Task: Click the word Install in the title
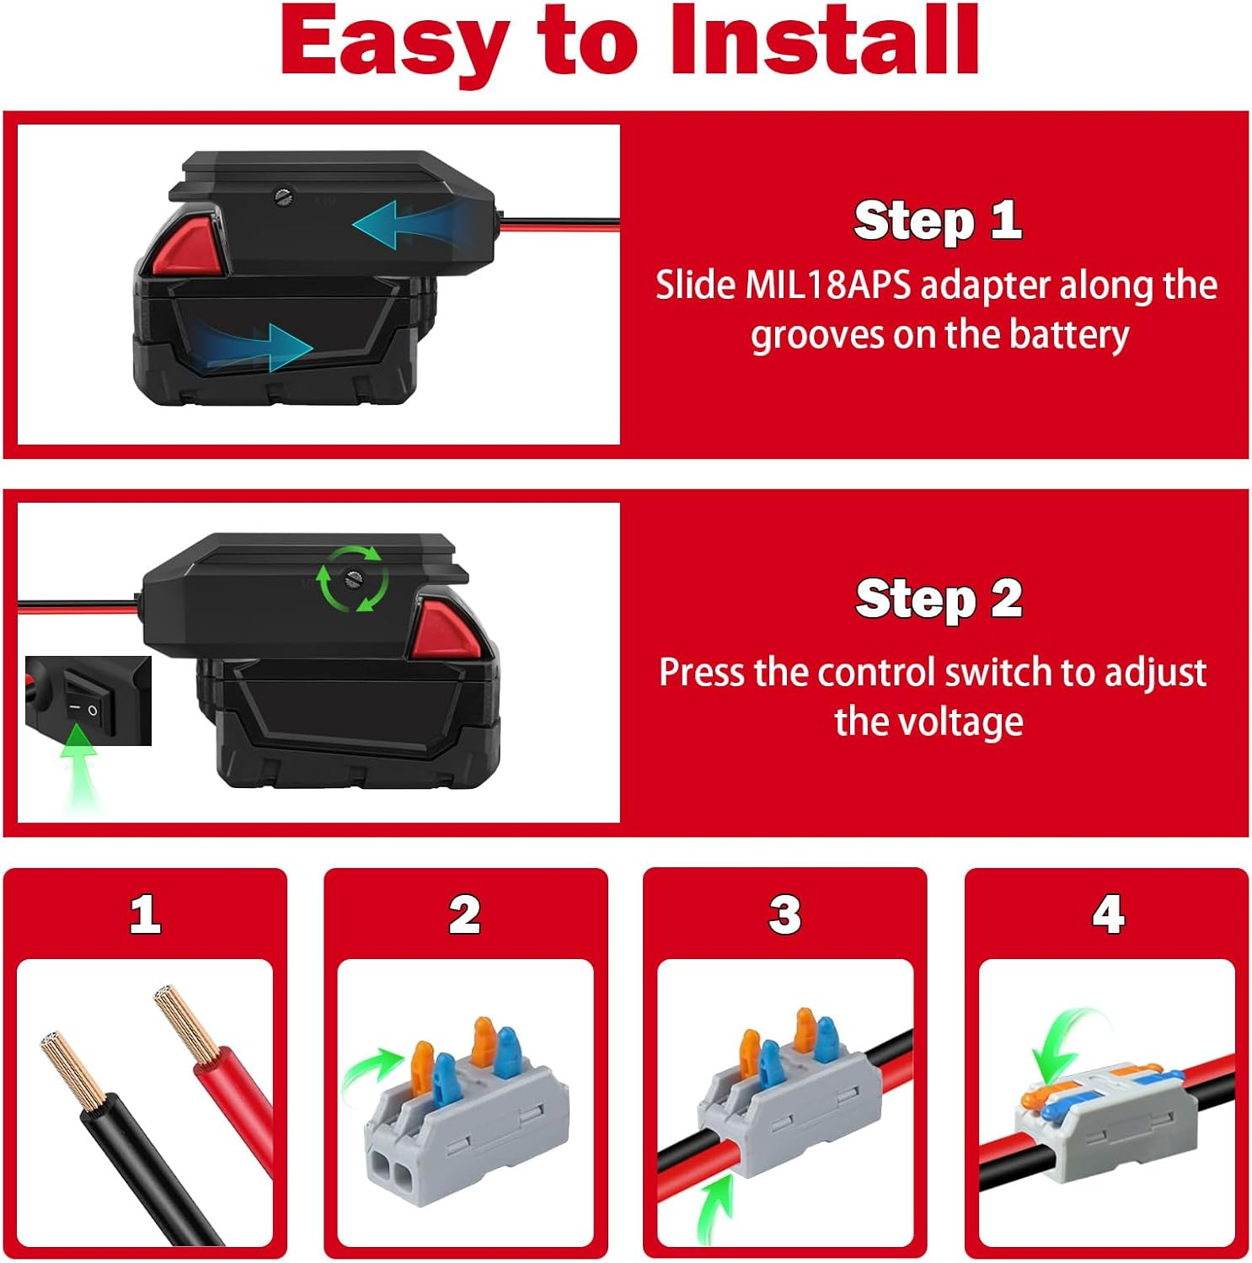[x=824, y=40]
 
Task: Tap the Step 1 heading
[x=938, y=221]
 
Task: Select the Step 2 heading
[x=939, y=599]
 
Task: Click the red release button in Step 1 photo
[x=187, y=245]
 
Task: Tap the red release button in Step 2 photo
[x=443, y=628]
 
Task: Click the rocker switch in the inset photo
[x=83, y=708]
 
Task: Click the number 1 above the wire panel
[x=145, y=914]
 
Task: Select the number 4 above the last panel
[x=1107, y=914]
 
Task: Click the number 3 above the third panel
[x=784, y=914]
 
